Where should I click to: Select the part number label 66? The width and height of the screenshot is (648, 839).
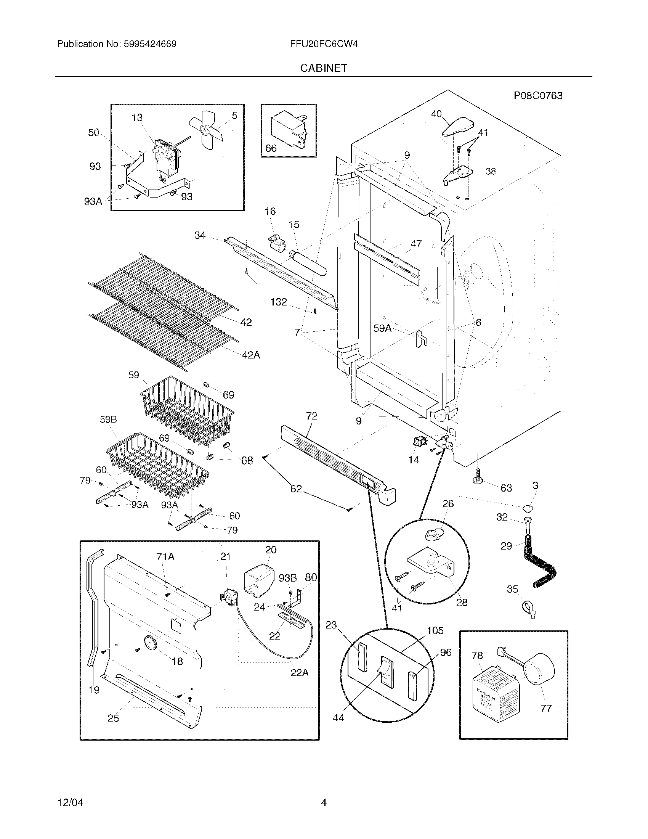[271, 148]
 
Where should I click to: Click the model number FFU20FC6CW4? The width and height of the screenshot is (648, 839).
[324, 44]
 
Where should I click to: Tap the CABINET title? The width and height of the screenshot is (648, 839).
[324, 68]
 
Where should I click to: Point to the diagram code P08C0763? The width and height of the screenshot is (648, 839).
[538, 96]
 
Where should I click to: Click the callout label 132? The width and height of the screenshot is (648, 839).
[278, 302]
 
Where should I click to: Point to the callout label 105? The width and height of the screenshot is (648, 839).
[435, 630]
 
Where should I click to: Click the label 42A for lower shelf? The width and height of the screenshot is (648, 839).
[251, 355]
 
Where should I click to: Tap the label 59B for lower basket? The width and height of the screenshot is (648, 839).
[108, 419]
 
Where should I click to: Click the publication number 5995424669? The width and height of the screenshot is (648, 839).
[150, 44]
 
